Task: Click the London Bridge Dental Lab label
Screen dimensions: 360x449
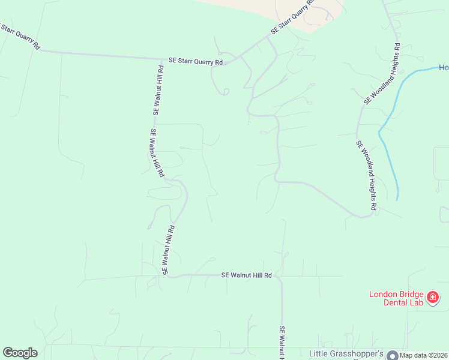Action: (x=396, y=298)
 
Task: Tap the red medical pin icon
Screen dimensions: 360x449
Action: (x=432, y=298)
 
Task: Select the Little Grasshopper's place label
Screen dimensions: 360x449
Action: (x=346, y=354)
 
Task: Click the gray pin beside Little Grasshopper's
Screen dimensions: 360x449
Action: (x=392, y=355)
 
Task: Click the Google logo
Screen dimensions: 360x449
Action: (x=20, y=353)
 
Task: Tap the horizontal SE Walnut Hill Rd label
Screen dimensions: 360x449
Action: (x=247, y=275)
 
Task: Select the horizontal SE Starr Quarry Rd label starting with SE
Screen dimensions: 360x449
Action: (x=196, y=61)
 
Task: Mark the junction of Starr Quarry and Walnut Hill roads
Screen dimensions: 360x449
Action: (x=164, y=59)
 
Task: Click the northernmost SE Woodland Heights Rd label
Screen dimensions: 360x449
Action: (x=381, y=74)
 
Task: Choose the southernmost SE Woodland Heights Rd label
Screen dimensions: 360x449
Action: (x=366, y=175)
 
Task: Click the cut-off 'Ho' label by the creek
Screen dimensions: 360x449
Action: (x=444, y=67)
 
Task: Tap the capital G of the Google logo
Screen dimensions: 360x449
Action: (x=8, y=353)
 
